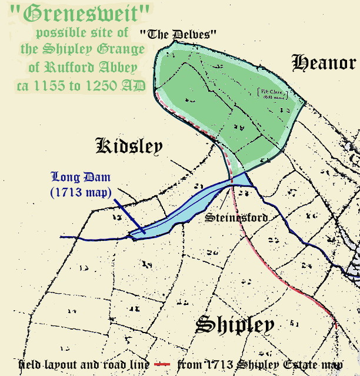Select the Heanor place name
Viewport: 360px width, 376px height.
coord(324,63)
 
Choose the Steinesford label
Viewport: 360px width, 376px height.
coord(236,218)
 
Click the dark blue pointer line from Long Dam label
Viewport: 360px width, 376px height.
coord(126,214)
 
